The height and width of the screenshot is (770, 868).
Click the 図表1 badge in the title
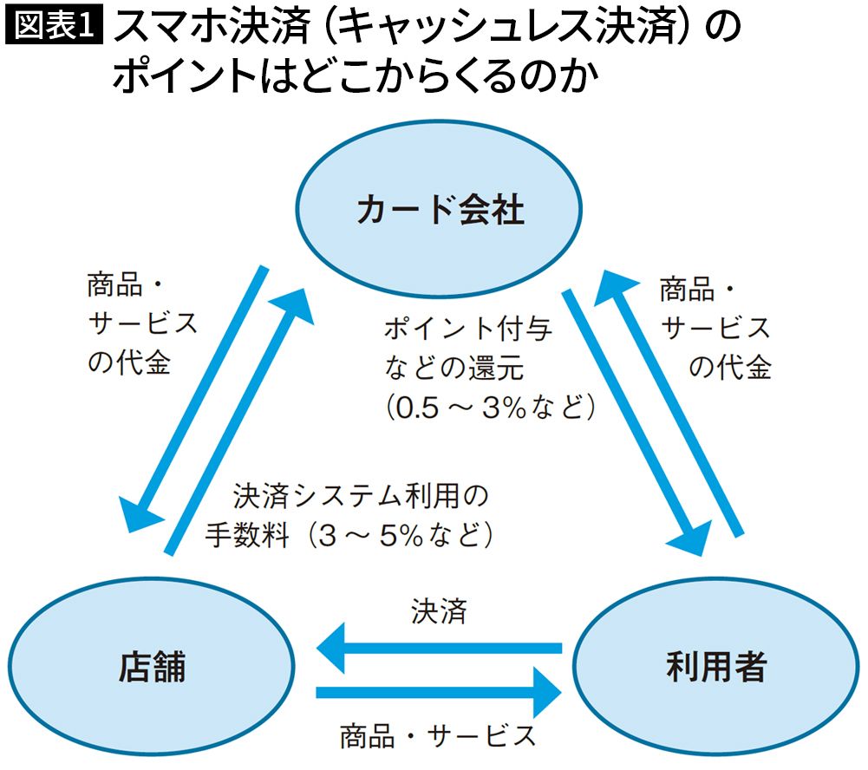(x=54, y=26)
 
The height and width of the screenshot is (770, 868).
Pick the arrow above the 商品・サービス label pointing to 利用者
(x=438, y=692)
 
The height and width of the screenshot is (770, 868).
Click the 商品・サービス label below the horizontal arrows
(x=438, y=735)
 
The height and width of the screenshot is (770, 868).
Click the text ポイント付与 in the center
(x=467, y=330)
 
